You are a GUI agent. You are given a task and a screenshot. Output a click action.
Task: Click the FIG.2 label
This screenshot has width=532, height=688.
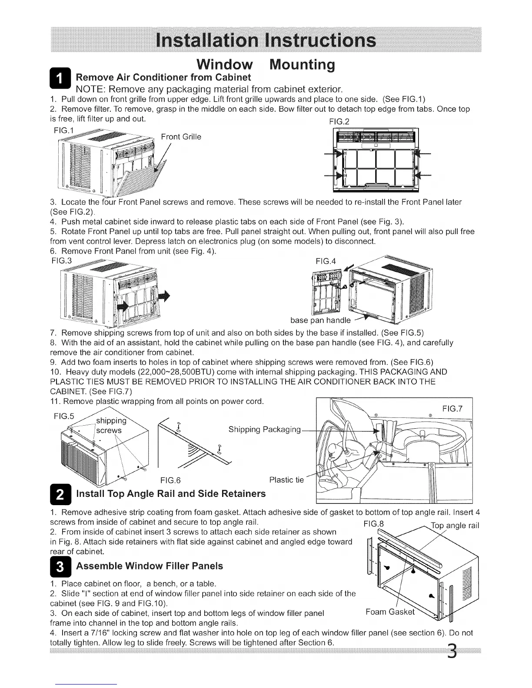(x=339, y=122)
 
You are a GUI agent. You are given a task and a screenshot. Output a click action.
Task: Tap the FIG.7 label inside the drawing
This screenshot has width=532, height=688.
(x=452, y=409)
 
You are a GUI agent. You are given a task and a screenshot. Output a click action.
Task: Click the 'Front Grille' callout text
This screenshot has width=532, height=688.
(x=181, y=137)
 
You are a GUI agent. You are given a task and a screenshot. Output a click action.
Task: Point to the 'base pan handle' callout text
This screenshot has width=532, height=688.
(x=320, y=321)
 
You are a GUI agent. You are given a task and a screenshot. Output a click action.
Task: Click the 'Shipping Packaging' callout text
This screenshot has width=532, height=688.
(x=264, y=430)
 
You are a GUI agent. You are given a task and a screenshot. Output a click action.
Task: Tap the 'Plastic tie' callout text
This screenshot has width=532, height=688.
(x=286, y=480)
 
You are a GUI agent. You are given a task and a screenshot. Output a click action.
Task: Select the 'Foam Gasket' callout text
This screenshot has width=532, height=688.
(x=390, y=612)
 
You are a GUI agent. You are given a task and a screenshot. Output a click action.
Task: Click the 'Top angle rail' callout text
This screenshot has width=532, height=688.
(x=455, y=525)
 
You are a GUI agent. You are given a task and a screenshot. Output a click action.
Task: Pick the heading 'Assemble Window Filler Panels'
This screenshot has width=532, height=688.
(x=150, y=566)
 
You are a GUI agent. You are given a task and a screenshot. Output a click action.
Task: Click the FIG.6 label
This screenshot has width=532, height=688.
(x=170, y=480)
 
